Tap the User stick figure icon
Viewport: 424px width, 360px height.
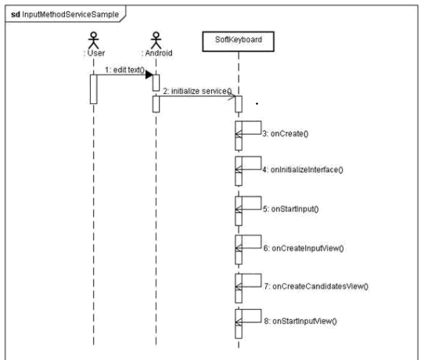tap(94, 41)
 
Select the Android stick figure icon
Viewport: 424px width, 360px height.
tap(156, 41)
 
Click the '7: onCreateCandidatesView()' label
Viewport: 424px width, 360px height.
tap(317, 286)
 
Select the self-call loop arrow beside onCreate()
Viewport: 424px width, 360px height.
tap(249, 129)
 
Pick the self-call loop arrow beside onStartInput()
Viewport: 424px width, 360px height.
tap(249, 204)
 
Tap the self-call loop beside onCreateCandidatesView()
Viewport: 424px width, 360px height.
tap(249, 281)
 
